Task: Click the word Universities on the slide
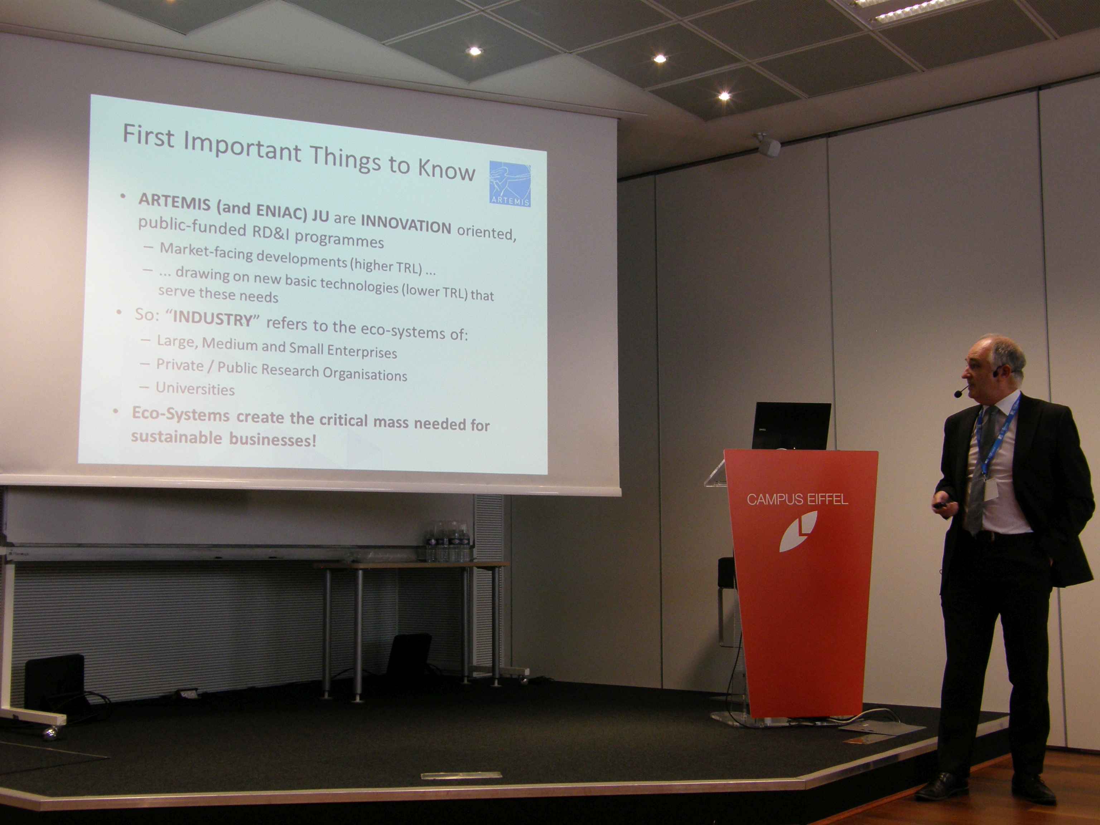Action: click(195, 389)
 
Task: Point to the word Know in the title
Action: click(446, 170)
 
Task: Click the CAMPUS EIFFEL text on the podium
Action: click(797, 499)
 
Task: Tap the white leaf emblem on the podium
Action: click(799, 531)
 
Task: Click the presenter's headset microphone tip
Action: click(957, 394)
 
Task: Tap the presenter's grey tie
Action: click(977, 472)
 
